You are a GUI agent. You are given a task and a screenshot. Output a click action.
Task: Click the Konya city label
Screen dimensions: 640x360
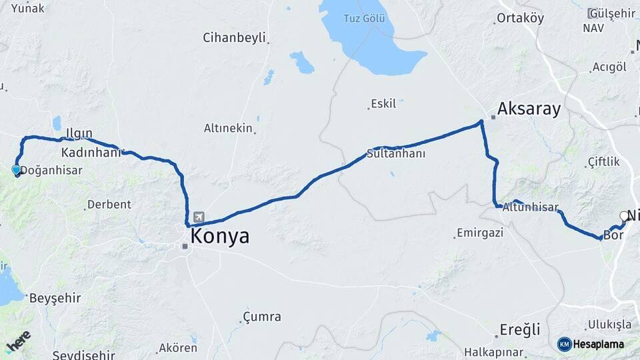click(220, 236)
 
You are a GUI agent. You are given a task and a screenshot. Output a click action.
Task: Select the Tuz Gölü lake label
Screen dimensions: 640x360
click(364, 19)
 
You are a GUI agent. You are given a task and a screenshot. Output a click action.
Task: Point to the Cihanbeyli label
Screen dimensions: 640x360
click(234, 37)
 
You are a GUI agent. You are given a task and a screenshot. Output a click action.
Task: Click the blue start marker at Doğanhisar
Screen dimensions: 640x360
click(16, 170)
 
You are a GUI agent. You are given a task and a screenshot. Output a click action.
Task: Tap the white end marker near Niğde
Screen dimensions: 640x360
click(624, 216)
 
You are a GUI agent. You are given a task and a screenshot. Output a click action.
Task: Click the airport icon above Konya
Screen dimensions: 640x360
click(199, 218)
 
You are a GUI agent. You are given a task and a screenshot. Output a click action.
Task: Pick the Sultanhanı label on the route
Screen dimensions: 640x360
click(396, 153)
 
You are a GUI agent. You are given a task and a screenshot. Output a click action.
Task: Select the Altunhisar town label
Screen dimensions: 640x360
click(531, 207)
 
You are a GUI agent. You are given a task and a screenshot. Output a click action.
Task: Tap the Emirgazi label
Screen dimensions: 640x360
click(479, 233)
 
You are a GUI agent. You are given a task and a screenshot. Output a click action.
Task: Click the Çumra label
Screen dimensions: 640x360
click(262, 317)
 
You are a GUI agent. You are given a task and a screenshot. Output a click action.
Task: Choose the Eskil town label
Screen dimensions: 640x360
click(383, 104)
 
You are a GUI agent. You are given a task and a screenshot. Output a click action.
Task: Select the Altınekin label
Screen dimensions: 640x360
click(228, 128)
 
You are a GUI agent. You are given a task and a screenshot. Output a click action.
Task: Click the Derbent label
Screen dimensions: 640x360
click(110, 204)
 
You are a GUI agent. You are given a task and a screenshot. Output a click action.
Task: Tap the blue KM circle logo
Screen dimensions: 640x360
click(565, 344)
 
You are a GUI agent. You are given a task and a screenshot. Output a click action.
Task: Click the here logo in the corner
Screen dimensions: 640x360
click(18, 341)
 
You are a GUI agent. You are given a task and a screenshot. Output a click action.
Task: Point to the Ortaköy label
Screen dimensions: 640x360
click(521, 18)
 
